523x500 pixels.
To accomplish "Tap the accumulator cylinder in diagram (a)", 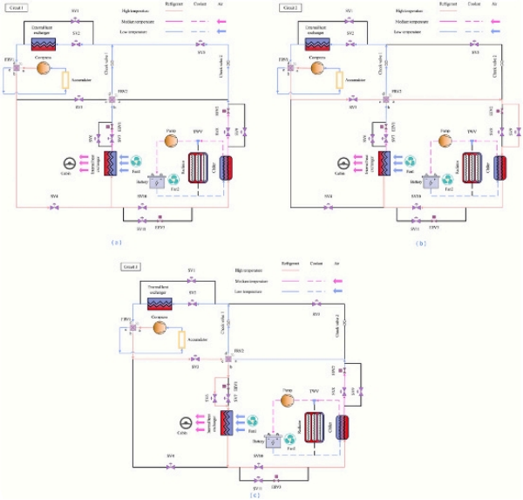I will (x=65, y=80).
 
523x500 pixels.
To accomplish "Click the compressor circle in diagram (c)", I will (x=160, y=327).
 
